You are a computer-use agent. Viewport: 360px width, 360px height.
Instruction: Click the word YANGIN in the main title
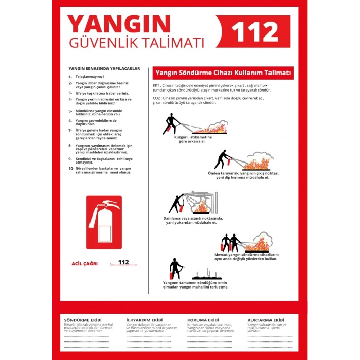pos(119,24)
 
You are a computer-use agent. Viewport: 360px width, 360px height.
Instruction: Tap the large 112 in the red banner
pos(255,32)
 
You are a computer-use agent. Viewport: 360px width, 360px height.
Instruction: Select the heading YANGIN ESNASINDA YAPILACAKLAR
pos(104,68)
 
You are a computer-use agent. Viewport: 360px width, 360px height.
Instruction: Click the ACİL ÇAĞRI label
pos(83,264)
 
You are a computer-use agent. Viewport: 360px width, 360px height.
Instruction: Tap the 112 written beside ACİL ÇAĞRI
pos(123,262)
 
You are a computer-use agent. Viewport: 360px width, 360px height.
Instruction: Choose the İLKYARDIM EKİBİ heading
pos(144,320)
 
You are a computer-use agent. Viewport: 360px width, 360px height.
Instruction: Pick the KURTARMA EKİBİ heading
pos(266,320)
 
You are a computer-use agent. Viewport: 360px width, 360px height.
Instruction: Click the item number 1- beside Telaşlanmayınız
pos(70,77)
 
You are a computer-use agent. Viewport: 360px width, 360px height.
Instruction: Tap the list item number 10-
pos(71,168)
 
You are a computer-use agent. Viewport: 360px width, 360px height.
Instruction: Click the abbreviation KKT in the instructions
pos(156,85)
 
